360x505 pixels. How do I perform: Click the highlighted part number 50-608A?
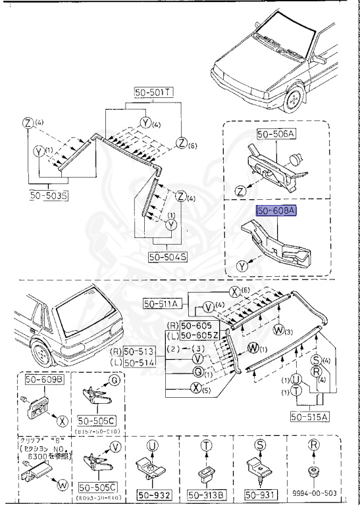click(x=276, y=210)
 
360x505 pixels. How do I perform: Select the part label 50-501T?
click(x=153, y=93)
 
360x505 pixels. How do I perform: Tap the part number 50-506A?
click(x=277, y=133)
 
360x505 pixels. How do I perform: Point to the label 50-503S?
click(x=49, y=195)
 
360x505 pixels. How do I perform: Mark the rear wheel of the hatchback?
click(x=43, y=355)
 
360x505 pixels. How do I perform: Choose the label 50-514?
click(x=141, y=362)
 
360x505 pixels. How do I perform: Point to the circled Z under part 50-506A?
click(x=241, y=191)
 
